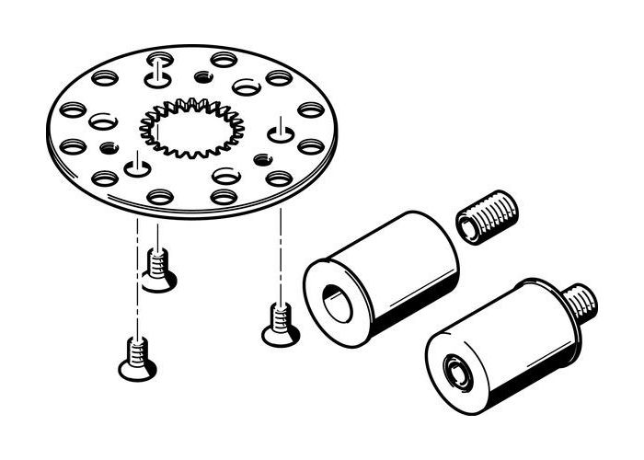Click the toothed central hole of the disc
tap(192, 128)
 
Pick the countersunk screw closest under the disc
tap(159, 270)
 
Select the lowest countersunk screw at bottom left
tap(137, 359)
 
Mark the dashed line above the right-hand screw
tap(279, 248)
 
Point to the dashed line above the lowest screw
tap(137, 276)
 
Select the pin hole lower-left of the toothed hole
tap(138, 167)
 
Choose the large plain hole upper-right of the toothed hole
tap(247, 87)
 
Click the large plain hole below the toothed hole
tap(224, 175)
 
